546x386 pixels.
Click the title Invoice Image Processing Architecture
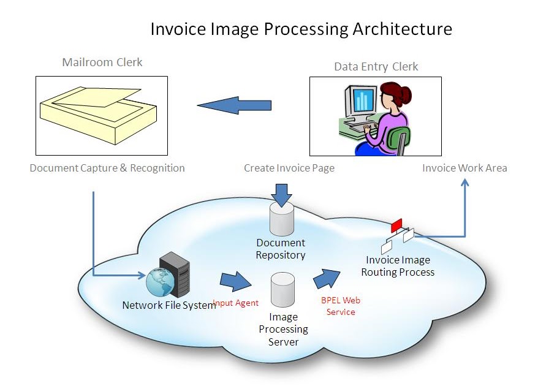[x=301, y=29]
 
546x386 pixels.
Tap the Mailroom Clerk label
[x=102, y=62]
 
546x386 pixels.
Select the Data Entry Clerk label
[x=376, y=67]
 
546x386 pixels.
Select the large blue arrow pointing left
[x=234, y=105]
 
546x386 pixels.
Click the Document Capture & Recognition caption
[x=107, y=168]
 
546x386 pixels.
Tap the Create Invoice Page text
[x=289, y=168]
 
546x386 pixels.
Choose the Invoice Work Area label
[x=464, y=168]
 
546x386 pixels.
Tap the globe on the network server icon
[x=159, y=284]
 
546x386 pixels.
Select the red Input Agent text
[x=235, y=303]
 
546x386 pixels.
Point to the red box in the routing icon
[x=396, y=225]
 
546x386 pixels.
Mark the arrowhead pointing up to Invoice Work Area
[x=464, y=183]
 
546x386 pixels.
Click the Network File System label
[x=169, y=305]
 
